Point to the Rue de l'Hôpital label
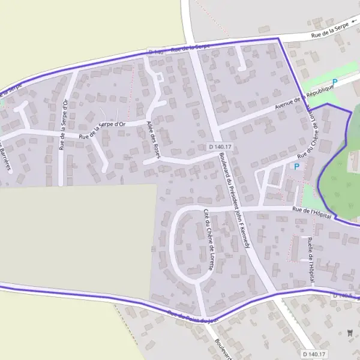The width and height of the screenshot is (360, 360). click(312, 212)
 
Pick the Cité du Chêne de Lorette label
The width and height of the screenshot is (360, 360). click(208, 239)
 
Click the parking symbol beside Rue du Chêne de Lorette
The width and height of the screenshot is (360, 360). click(296, 166)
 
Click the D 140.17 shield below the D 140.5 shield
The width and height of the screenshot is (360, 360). click(314, 354)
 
